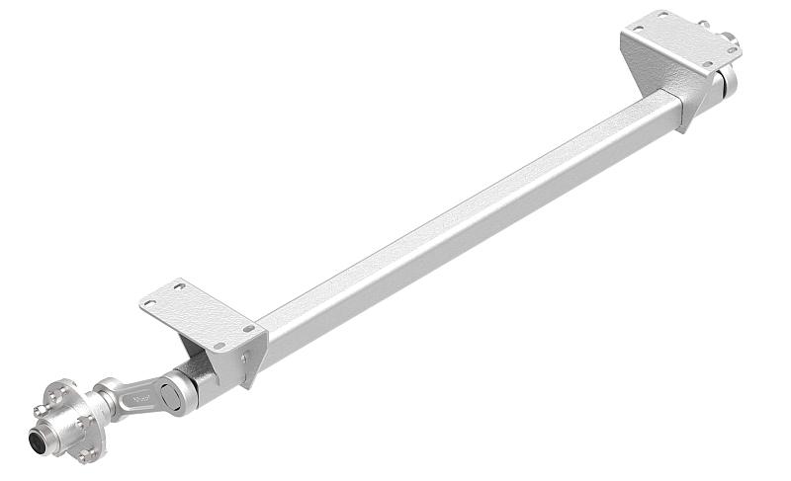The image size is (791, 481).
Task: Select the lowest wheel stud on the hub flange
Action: point(87,455)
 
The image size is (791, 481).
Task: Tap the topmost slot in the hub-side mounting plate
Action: point(179,286)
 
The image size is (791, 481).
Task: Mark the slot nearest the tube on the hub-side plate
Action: point(248,329)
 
